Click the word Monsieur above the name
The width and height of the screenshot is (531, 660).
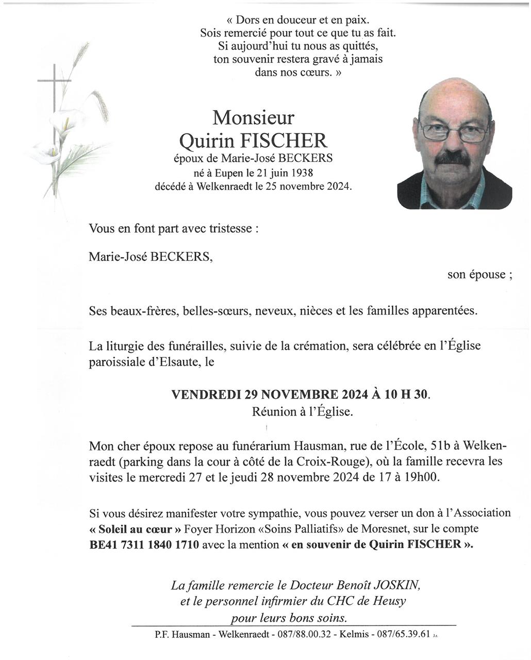tap(253, 118)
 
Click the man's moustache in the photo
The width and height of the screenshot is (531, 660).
tap(453, 158)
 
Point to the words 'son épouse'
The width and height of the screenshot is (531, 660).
tap(479, 274)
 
